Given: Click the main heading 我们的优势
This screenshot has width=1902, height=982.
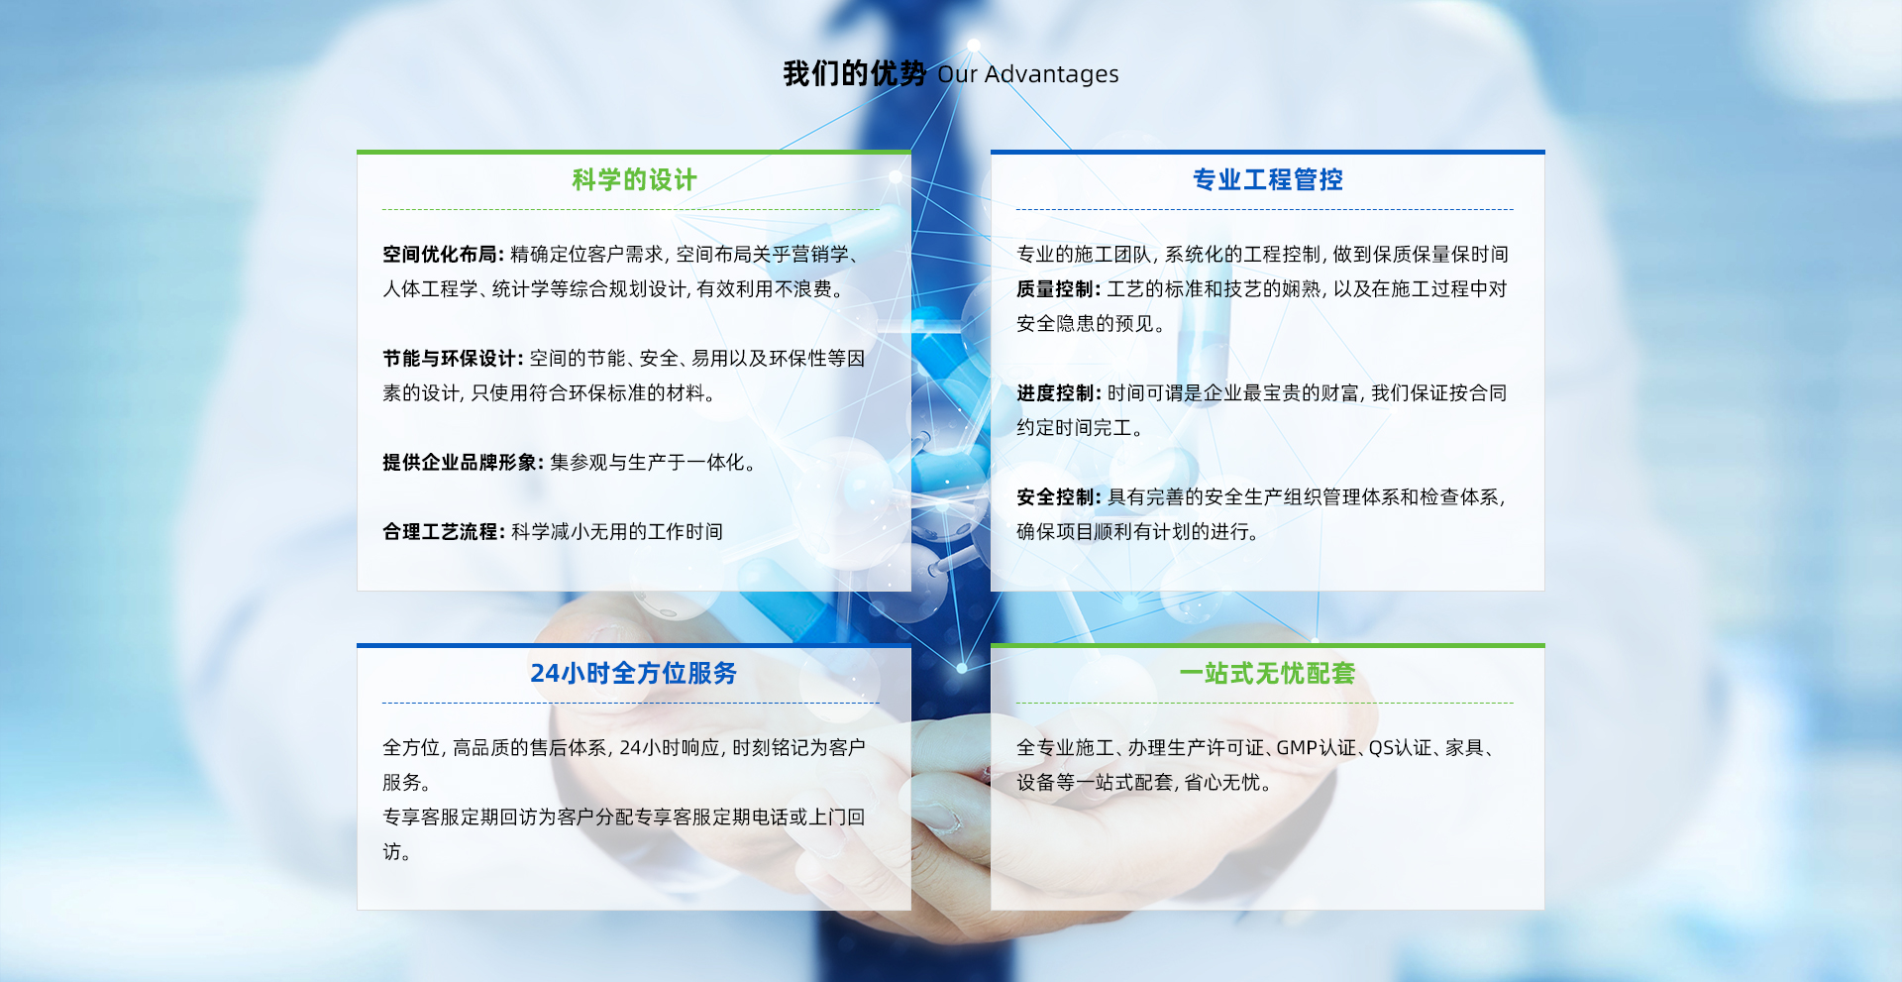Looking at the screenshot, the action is coord(854,73).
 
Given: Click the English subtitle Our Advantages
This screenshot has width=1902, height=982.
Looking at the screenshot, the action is coord(1028,74).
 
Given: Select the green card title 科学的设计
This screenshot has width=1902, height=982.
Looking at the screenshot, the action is coord(634,179).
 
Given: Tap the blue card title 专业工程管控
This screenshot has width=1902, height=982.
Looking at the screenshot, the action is coord(1268,179).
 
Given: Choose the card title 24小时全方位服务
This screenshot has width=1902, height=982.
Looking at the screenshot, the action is coord(634,673).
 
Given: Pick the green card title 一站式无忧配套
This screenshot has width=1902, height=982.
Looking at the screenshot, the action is coord(1267,673).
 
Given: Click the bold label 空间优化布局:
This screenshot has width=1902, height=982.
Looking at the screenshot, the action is coord(444,255).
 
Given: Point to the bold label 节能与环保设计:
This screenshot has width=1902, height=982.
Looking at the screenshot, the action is coord(454,359).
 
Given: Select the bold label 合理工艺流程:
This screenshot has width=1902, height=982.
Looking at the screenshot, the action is coord(444,532).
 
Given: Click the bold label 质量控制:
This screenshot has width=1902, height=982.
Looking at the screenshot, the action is coord(1059,289).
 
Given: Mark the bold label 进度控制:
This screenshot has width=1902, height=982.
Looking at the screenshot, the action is coord(1059,393).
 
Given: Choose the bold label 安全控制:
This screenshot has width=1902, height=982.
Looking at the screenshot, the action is coord(1059,497).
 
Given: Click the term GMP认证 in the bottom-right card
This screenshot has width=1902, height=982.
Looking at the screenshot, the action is coord(1317,748).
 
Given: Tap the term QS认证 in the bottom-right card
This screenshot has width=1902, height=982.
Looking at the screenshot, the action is coord(1401,748).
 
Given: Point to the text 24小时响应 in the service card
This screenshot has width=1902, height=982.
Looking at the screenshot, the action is coord(670,748).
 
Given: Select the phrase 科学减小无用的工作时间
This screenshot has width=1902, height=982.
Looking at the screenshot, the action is coord(617,532).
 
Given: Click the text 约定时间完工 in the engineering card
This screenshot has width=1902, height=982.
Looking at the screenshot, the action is coord(1074,428).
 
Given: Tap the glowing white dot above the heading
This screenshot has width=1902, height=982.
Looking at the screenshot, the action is coord(974,45).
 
